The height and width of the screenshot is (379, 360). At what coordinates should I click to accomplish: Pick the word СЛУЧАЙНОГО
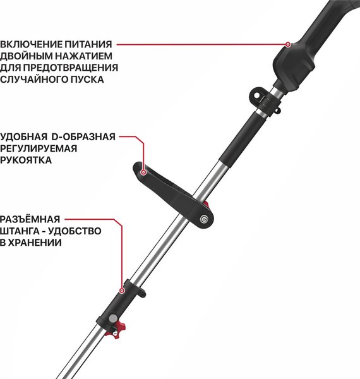click(x=32, y=80)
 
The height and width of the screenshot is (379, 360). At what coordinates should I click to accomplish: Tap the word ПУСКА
click(x=86, y=80)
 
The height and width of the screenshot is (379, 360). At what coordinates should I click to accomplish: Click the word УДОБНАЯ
click(x=24, y=136)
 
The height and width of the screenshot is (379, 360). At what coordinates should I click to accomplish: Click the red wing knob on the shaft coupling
click(x=114, y=328)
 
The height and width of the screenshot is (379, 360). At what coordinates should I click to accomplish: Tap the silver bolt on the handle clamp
click(x=203, y=219)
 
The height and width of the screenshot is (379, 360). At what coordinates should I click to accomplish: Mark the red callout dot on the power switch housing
click(x=288, y=45)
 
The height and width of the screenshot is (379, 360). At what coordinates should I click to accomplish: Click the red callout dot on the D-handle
click(x=144, y=171)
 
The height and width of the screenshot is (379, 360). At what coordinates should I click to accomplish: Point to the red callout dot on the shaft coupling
click(x=121, y=291)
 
